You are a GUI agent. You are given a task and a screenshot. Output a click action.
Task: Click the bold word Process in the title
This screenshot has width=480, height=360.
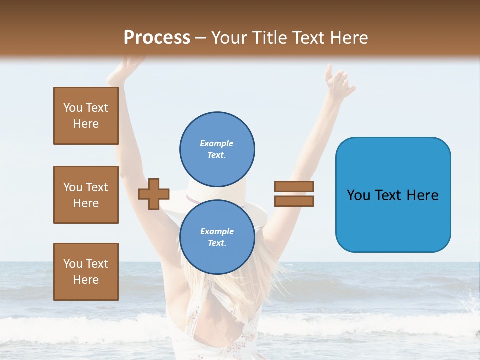pyautogui.click(x=157, y=38)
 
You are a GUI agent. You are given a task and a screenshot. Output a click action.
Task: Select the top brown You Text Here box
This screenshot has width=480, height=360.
pyautogui.click(x=86, y=116)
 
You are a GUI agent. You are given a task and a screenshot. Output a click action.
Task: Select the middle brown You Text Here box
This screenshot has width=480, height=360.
pyautogui.click(x=86, y=195)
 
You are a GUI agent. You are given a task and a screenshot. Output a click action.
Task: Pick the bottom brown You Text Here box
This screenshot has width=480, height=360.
pyautogui.click(x=86, y=271)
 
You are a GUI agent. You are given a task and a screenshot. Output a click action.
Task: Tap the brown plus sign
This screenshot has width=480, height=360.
pyautogui.click(x=154, y=193)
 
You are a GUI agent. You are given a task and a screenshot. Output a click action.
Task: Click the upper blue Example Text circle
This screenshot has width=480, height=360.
pyautogui.click(x=217, y=149)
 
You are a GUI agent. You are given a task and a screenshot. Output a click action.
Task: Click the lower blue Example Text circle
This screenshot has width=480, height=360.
pyautogui.click(x=217, y=237)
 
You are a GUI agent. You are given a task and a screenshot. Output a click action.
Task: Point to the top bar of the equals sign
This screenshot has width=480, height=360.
pyautogui.click(x=294, y=186)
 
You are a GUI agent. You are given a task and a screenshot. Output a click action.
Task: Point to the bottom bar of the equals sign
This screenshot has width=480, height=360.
pyautogui.click(x=294, y=201)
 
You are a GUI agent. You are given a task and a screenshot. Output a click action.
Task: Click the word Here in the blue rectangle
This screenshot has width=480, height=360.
pyautogui.click(x=422, y=195)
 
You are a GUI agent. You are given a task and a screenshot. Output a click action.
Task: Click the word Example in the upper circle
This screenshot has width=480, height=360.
pyautogui.click(x=217, y=143)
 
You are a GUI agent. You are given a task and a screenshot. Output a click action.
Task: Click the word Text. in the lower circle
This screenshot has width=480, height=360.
pyautogui.click(x=217, y=243)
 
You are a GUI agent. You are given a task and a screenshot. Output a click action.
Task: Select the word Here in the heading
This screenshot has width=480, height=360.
pyautogui.click(x=348, y=38)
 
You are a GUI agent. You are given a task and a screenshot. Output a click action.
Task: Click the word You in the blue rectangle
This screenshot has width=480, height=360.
pyautogui.click(x=358, y=195)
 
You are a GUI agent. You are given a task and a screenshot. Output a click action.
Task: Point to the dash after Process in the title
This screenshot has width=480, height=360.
pyautogui.click(x=200, y=38)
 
